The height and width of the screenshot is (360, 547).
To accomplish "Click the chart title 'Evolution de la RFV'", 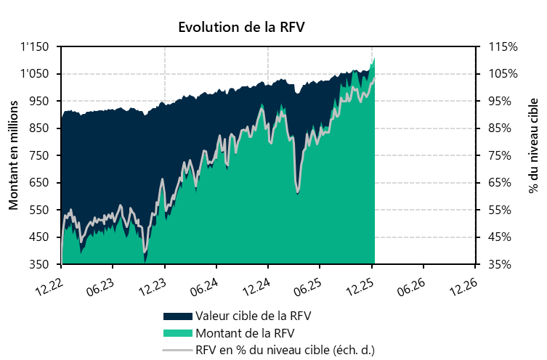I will coord(241,28).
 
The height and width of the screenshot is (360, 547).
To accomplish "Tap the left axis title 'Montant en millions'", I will coord(13,155).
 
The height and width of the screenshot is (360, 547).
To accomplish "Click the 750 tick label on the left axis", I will coord(39,155).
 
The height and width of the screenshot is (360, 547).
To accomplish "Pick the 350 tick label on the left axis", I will coord(39,264).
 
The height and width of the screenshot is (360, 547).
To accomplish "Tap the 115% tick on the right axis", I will coord(503,47).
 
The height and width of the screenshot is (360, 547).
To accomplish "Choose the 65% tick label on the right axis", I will coord(503,183).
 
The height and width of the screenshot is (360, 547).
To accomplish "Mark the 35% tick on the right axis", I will coord(503,264).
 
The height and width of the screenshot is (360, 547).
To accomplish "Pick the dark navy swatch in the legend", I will coord(178,316).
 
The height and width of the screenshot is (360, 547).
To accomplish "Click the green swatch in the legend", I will coord(178,333).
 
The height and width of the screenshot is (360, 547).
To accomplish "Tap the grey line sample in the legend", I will coord(178,350).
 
